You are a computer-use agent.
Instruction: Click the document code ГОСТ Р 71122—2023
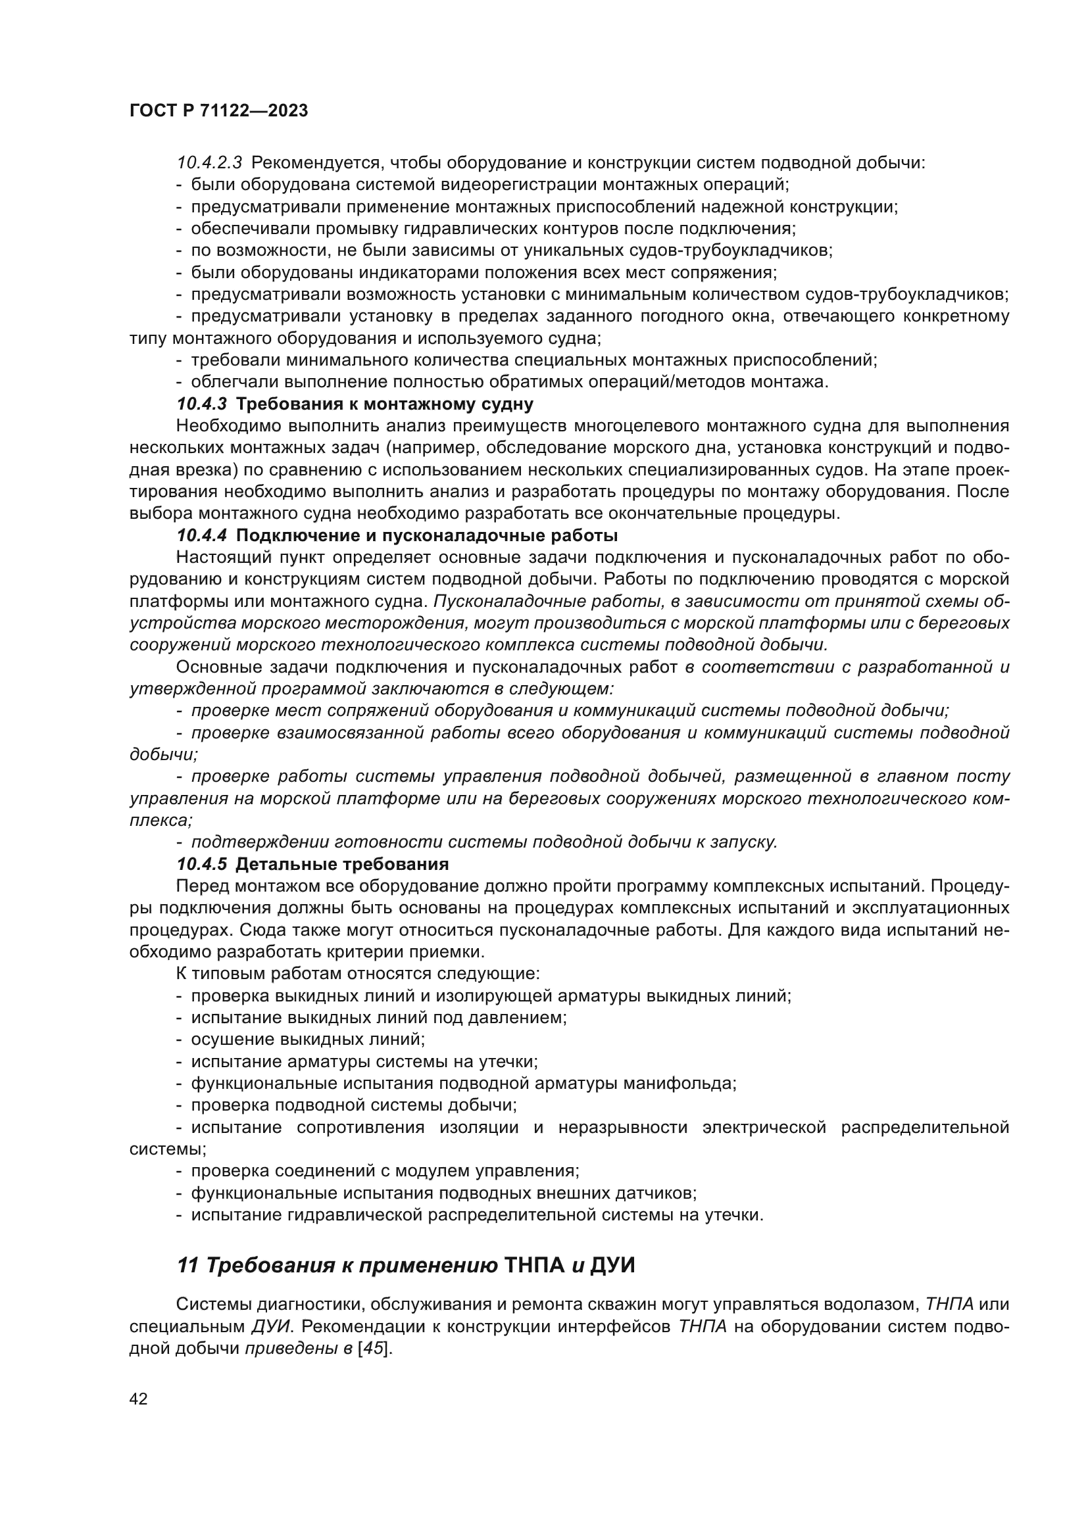click(218, 111)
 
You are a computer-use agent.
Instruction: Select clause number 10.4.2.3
click(209, 163)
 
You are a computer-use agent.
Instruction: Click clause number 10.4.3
click(202, 404)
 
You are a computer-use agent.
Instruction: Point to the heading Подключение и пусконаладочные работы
click(427, 535)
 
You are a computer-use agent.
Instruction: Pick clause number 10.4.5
click(202, 863)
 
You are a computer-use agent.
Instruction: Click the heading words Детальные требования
click(341, 863)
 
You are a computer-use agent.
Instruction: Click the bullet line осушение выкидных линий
click(307, 1039)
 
